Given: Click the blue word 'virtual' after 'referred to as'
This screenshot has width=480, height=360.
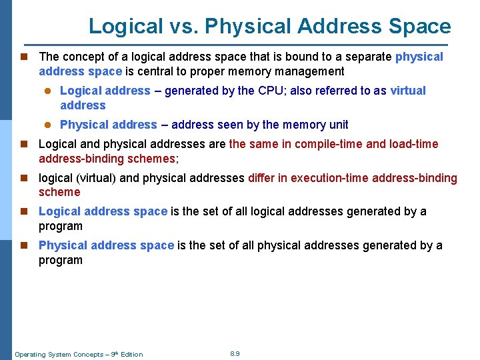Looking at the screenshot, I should tap(407, 91).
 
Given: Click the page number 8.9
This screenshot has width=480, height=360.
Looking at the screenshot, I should tap(235, 353).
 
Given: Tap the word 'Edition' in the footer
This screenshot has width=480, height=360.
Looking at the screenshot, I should tap(131, 355).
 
